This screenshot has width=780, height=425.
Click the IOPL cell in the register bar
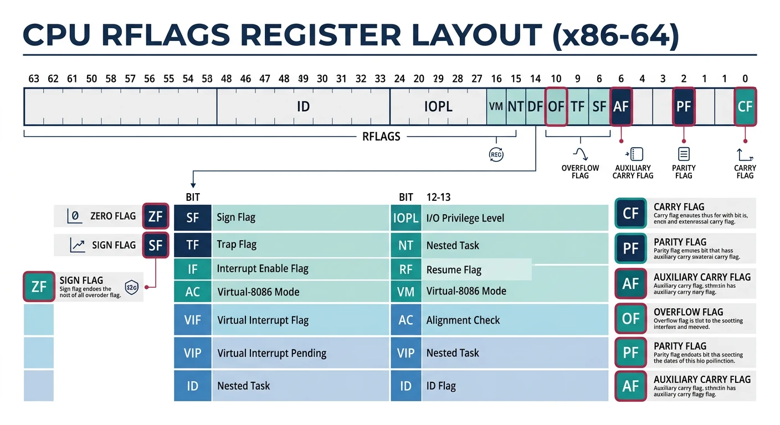pos(438,106)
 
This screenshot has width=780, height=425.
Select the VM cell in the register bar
pos(496,106)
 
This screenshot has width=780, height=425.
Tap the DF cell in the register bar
pos(535,106)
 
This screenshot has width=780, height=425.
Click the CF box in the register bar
pos(745,106)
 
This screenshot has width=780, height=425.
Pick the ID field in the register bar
pos(303,106)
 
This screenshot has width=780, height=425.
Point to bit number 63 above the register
pos(34,79)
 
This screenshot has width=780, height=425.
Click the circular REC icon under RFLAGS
pos(496,155)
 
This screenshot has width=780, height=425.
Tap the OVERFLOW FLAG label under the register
pos(580,172)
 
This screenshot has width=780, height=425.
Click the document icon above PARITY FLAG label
pos(684,154)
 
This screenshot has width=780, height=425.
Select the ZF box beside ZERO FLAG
pos(155,216)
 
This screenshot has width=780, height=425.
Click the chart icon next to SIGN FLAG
pos(78,245)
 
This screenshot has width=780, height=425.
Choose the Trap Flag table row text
pos(237,245)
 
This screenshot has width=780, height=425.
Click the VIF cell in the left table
pos(192,320)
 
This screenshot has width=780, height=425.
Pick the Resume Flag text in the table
pos(454,270)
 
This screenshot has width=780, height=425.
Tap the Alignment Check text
pos(463,320)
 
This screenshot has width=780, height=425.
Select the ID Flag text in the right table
pos(441,386)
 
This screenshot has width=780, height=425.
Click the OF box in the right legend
pos(630,319)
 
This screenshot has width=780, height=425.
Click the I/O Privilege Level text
pos(465,218)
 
